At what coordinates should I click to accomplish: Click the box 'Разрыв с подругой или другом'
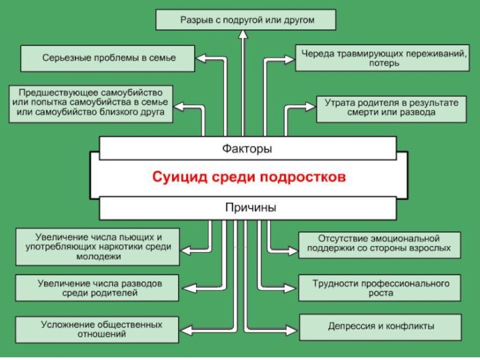pos(246,20)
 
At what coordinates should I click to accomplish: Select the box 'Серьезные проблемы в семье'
pos(107,59)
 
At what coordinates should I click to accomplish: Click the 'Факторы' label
pos(247,148)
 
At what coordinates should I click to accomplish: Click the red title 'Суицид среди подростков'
pos(248,178)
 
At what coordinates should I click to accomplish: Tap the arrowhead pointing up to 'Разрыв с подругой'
pos(242,35)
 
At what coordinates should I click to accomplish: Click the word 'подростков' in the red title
pos(304,178)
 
